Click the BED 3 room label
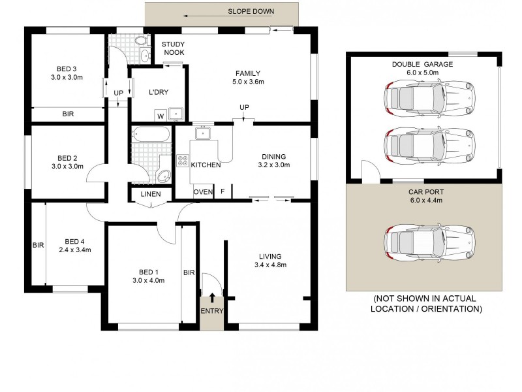[67, 69]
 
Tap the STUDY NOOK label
[174, 48]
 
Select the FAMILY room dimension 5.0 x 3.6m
[248, 82]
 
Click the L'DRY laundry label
[160, 93]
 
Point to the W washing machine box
[159, 116]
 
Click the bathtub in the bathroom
[151, 135]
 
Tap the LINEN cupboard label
[151, 195]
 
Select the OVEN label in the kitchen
[202, 191]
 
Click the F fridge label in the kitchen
[223, 191]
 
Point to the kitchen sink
[204, 133]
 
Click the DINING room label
[274, 156]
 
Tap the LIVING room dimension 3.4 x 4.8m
[271, 265]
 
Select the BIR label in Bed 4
[37, 246]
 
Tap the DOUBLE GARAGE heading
[422, 64]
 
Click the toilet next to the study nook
[142, 42]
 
